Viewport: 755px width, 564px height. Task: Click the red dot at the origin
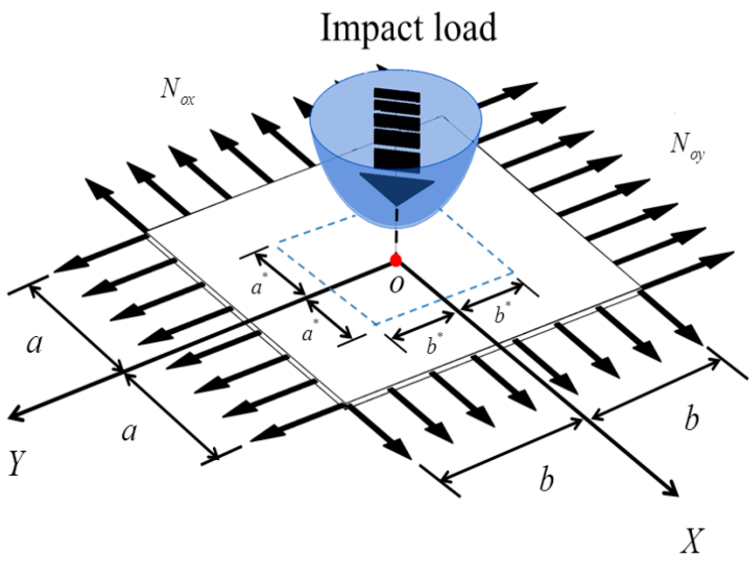(x=396, y=260)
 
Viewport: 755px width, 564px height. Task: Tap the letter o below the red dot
(x=396, y=284)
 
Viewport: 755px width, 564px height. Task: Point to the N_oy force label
(x=687, y=147)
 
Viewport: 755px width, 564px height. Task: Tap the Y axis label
(x=17, y=463)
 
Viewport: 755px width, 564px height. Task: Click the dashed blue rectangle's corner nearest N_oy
(x=512, y=272)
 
